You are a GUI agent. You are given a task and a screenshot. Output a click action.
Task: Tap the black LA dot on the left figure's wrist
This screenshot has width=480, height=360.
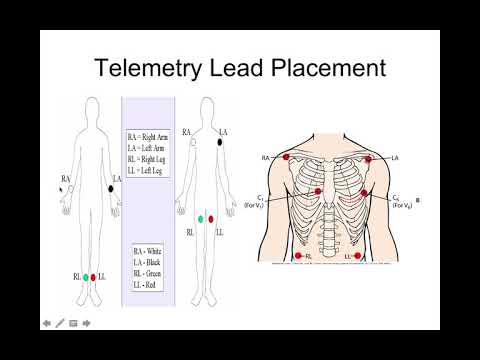(x=110, y=187)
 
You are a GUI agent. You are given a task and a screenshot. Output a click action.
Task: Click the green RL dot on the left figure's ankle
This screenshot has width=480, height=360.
(x=85, y=276)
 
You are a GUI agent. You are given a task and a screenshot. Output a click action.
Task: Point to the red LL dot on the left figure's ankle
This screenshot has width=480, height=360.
(x=95, y=276)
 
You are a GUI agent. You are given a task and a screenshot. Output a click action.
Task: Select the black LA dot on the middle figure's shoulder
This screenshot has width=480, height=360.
(x=219, y=143)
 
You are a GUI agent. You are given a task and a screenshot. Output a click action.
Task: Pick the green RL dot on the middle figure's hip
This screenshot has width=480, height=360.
(x=201, y=218)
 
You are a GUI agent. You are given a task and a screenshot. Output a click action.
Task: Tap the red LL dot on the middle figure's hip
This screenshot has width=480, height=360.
(x=211, y=218)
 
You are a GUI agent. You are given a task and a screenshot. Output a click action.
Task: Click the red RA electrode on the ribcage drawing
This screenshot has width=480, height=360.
(x=286, y=157)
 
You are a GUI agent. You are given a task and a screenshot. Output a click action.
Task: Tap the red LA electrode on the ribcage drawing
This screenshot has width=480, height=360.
(x=370, y=159)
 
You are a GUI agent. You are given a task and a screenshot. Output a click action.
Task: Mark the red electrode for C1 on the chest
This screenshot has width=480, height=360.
(x=319, y=191)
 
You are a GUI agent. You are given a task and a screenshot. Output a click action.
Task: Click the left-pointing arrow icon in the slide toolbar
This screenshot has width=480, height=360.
(x=46, y=323)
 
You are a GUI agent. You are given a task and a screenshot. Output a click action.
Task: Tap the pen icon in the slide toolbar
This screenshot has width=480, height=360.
(x=60, y=323)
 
